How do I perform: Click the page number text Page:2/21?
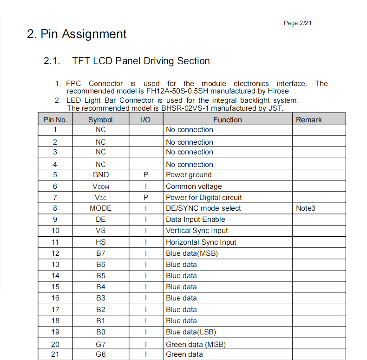[x=301, y=23]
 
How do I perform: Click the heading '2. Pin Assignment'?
[x=77, y=34]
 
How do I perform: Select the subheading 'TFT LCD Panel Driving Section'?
[x=141, y=61]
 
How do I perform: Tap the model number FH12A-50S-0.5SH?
[x=180, y=91]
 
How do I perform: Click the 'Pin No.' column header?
[x=55, y=120]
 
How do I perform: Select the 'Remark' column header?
[x=309, y=120]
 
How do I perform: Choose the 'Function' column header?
[x=228, y=120]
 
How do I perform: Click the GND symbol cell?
[x=101, y=175]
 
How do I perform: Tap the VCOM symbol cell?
[x=101, y=187]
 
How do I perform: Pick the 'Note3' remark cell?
[x=306, y=208]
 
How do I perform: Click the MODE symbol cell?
[x=101, y=208]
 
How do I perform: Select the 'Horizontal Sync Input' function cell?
[x=201, y=242]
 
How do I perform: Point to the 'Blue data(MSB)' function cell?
[x=192, y=253]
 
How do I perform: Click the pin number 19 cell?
[x=55, y=332]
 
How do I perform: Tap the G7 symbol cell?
[x=101, y=345]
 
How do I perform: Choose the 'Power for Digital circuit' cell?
[x=204, y=198]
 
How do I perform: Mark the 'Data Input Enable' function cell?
[x=196, y=220]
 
